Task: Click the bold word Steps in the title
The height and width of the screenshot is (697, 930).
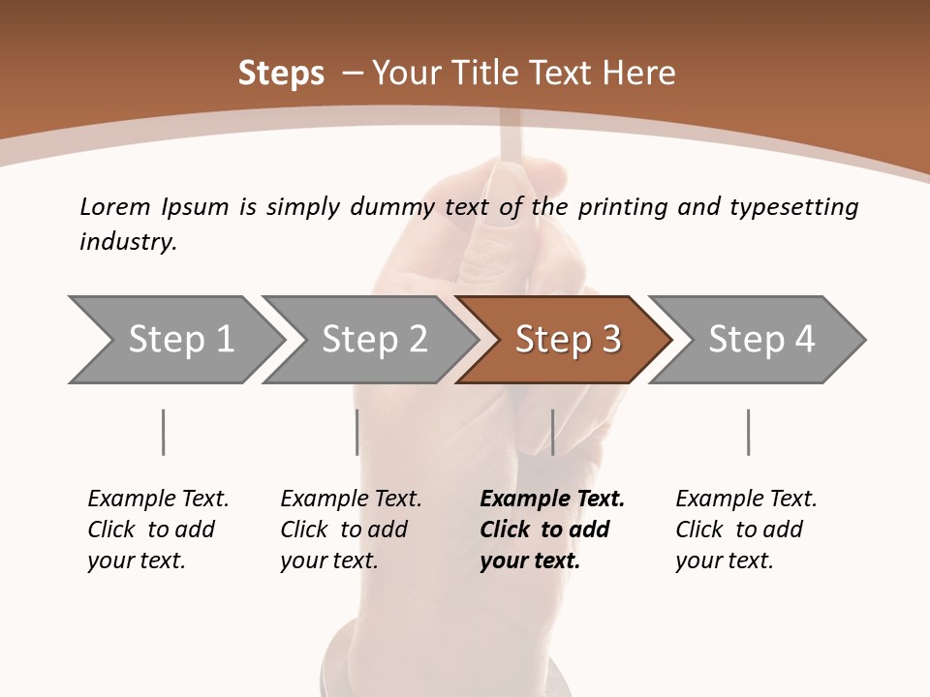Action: pos(281,74)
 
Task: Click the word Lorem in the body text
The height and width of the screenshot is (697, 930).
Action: pos(114,207)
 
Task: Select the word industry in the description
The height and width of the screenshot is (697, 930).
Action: pos(127,242)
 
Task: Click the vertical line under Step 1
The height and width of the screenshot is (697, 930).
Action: pos(163,432)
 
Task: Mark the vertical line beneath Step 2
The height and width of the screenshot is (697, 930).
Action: pos(357,432)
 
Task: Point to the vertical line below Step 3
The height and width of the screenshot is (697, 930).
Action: pos(552,432)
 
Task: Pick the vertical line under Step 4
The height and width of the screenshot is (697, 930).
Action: pos(748,432)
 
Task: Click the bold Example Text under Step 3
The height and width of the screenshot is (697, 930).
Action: pos(552,500)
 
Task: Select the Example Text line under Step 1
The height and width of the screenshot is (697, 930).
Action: pos(158,500)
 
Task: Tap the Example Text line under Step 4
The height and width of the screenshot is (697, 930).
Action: pos(746,500)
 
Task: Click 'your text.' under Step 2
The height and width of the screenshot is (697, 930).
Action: pos(328,561)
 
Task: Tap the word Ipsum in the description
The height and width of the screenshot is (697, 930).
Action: pos(195,207)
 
